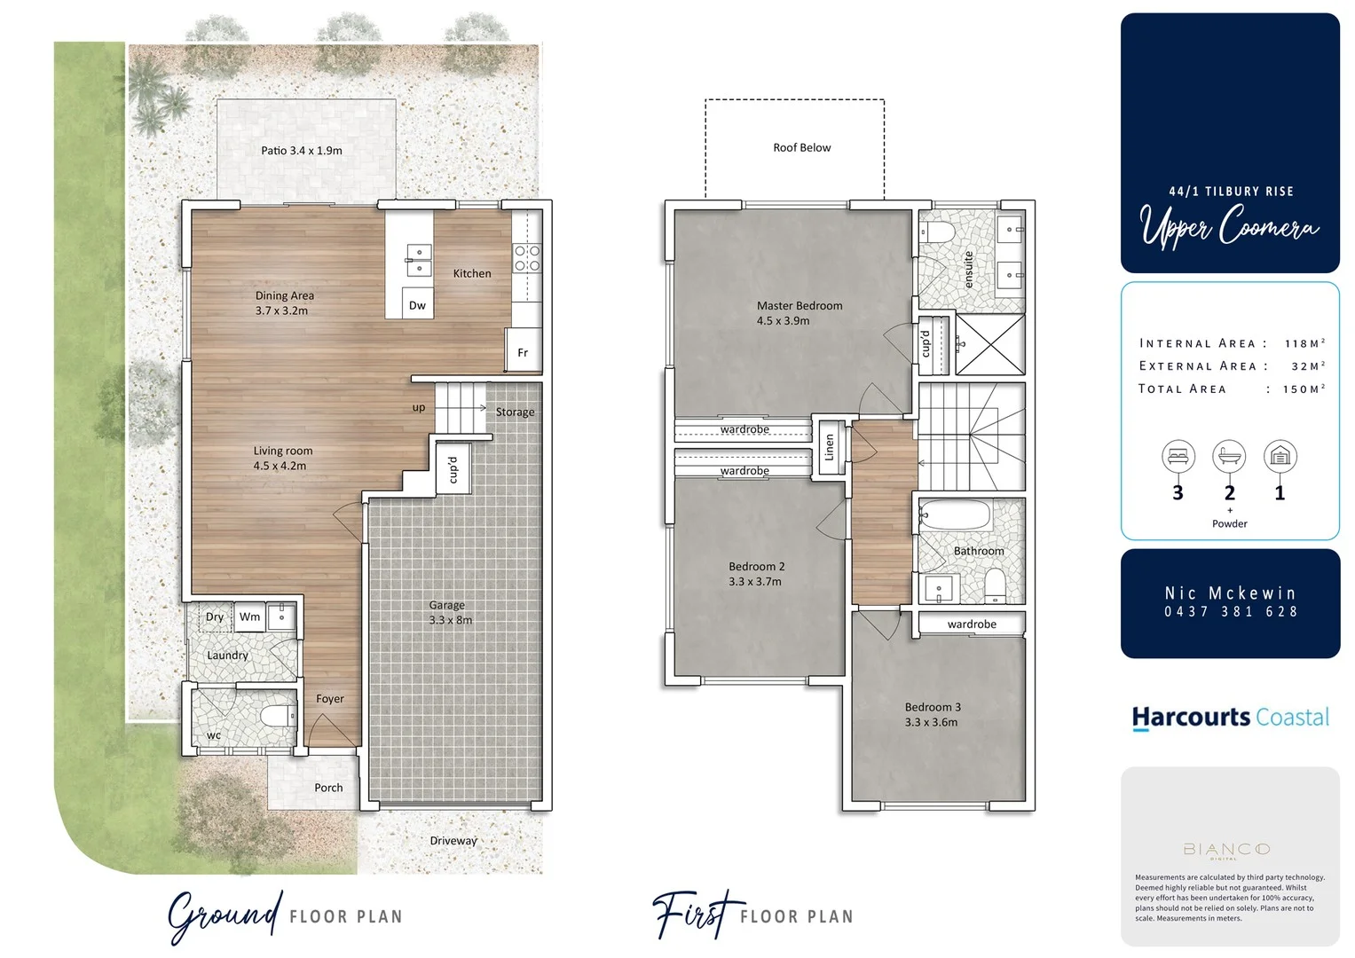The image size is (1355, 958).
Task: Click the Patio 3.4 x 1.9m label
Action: [x=302, y=151]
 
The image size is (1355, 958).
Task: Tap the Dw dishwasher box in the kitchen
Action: [x=417, y=304]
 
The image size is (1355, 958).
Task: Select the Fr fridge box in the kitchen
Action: [x=523, y=352]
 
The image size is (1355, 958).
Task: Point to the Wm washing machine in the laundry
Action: [x=250, y=616]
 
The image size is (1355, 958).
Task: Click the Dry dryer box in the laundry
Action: [x=214, y=616]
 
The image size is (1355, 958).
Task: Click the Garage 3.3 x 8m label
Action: [x=449, y=612]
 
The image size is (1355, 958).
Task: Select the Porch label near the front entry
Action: [x=328, y=788]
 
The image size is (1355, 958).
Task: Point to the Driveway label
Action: [x=453, y=841]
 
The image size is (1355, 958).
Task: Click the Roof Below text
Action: [x=801, y=148]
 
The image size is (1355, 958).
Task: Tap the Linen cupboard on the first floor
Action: [x=830, y=447]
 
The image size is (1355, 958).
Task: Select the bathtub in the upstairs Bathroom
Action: [x=955, y=515]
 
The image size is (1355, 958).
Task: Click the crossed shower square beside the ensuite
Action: [x=989, y=343]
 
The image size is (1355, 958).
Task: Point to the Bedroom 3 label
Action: [x=932, y=714]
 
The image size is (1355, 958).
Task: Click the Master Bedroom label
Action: [x=799, y=313]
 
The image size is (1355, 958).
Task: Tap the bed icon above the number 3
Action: [x=1178, y=457]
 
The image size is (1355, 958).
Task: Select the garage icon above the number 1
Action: [x=1280, y=457]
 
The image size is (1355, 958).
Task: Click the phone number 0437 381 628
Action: [x=1231, y=612]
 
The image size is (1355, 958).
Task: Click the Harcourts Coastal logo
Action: [x=1230, y=718]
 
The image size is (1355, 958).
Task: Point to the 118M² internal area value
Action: [x=1304, y=343]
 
